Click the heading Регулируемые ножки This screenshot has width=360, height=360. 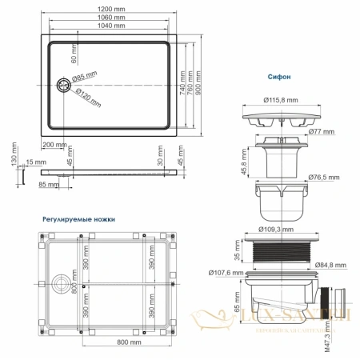[x=78, y=218]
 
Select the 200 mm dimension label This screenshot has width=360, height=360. [x=55, y=144]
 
